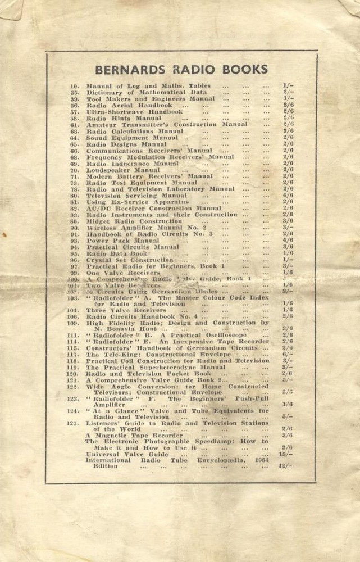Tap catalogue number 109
pyautogui.click(x=73, y=323)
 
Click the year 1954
pyautogui.click(x=261, y=460)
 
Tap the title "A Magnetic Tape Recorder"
pyautogui.click(x=134, y=435)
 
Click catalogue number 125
pyautogui.click(x=73, y=423)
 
